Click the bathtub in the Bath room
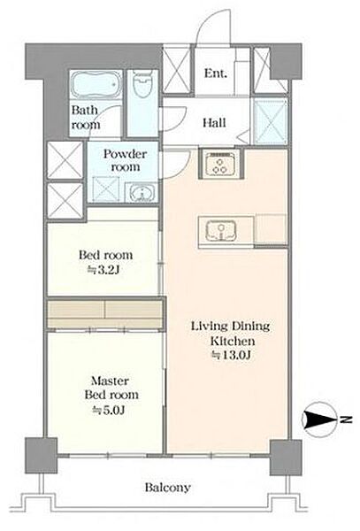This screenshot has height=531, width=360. [96, 84]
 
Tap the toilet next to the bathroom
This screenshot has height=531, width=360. [142, 84]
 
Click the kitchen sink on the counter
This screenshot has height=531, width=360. [220, 231]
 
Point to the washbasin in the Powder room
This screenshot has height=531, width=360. [142, 193]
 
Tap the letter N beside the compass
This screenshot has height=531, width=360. [344, 420]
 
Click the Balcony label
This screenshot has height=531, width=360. [168, 488]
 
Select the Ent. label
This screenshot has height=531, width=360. [216, 73]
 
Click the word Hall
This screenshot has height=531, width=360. [214, 122]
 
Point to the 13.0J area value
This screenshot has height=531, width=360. [231, 355]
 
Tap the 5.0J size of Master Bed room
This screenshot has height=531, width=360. [110, 410]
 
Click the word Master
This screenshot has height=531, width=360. [110, 381]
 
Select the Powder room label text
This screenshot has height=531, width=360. [126, 160]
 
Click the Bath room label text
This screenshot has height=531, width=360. [85, 117]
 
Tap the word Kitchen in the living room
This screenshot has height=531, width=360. [233, 341]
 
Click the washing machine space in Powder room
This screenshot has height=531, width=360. [106, 189]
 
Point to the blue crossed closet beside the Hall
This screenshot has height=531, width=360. [270, 121]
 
